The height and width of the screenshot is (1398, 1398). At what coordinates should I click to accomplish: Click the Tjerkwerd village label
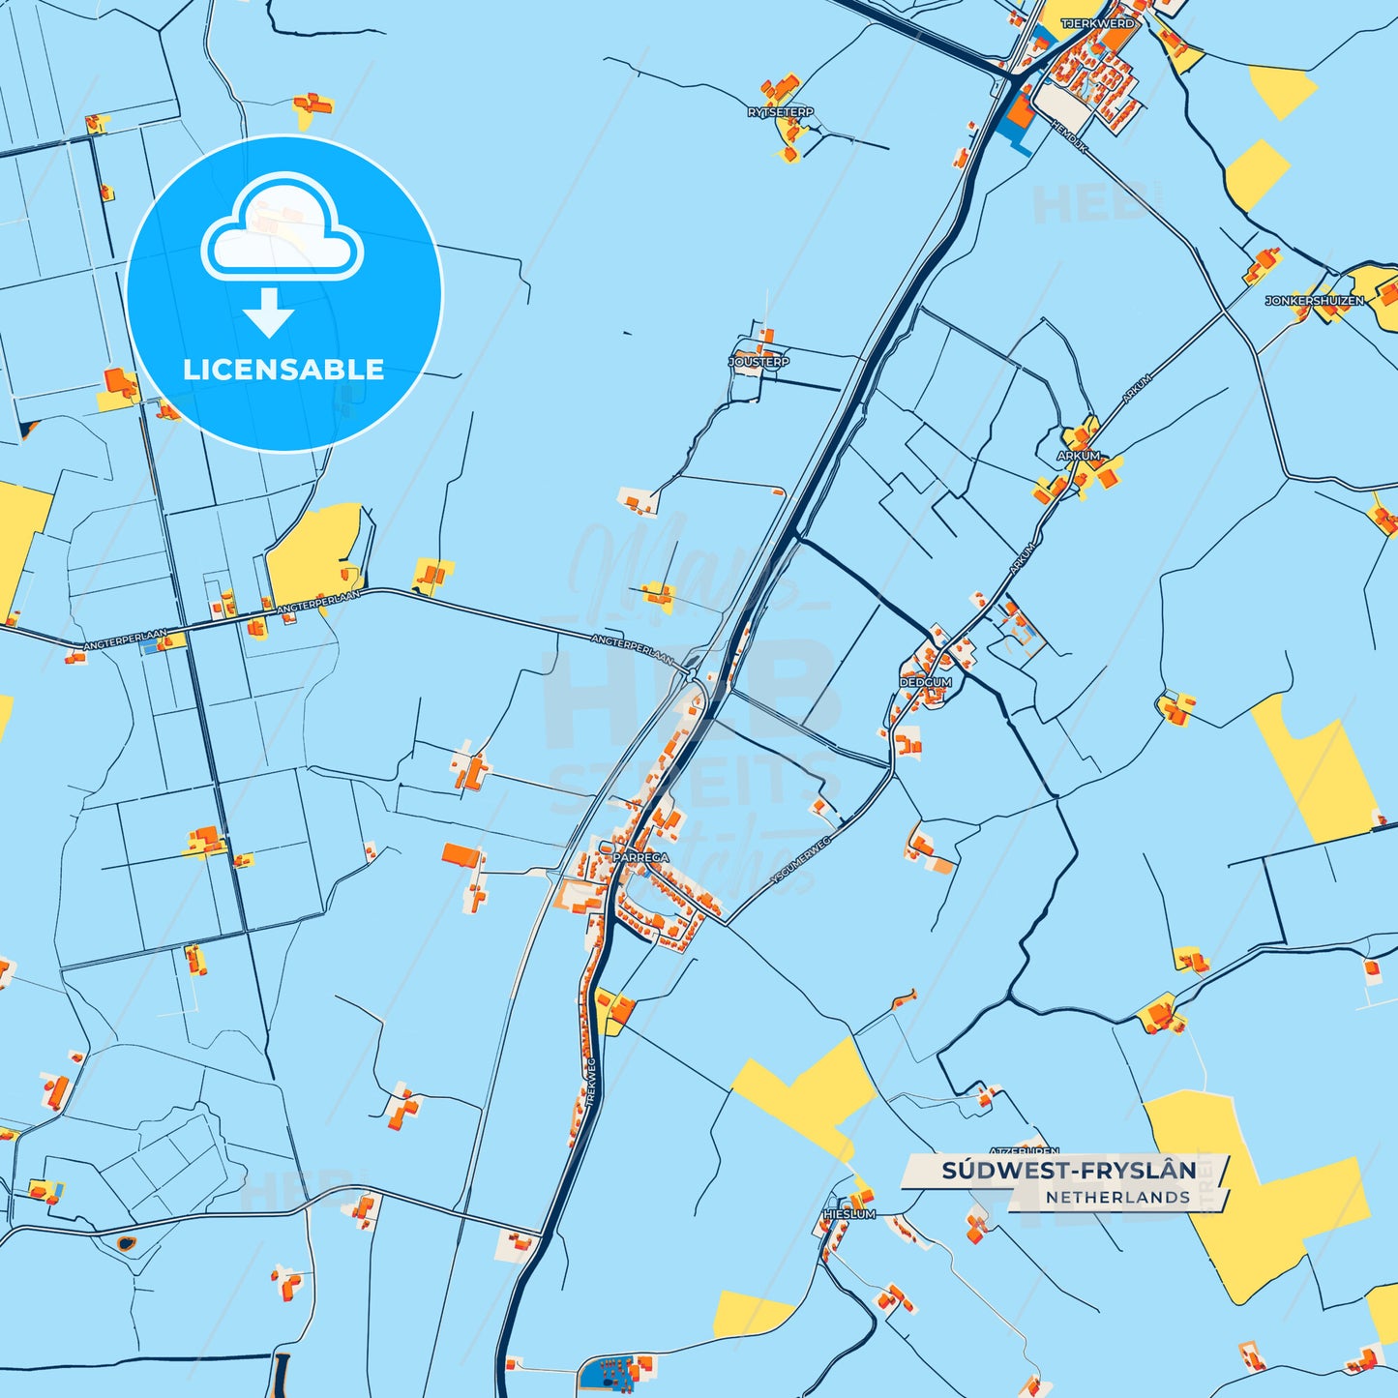point(1097,23)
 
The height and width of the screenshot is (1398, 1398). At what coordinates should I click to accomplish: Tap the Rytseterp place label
point(780,113)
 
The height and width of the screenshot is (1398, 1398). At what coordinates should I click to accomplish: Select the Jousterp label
point(758,362)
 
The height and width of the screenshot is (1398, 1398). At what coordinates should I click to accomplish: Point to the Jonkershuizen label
point(1314,301)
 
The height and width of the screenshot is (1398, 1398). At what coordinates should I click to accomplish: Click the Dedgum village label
point(926,682)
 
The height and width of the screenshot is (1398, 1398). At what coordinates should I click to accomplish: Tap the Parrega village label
point(640,857)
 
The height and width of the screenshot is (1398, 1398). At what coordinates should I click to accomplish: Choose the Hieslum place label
point(849,1214)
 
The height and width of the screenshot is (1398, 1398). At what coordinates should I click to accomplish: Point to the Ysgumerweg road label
point(800,861)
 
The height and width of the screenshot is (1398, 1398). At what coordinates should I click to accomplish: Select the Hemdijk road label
point(1069,136)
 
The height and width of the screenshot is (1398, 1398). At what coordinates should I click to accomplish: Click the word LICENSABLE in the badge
point(283,370)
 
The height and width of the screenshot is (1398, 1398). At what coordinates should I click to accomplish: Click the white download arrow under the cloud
point(269,313)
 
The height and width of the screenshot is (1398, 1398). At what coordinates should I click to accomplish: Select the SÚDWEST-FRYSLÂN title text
point(1068,1171)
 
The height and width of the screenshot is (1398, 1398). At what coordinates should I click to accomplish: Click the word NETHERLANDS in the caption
point(1116,1198)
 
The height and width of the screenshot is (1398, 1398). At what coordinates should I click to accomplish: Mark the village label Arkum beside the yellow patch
point(1078,456)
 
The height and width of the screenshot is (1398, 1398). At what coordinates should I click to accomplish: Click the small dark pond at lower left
point(126,1242)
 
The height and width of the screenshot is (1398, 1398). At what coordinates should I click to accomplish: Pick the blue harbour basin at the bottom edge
point(610,1373)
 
